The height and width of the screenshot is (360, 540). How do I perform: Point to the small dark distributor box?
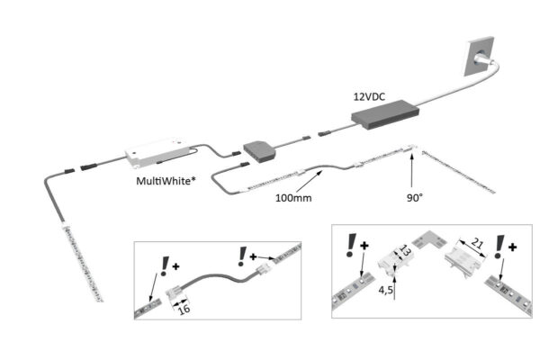[x=260, y=148]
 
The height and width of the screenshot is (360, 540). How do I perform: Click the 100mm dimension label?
[x=293, y=197]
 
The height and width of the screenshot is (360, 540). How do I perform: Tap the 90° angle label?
[x=414, y=193]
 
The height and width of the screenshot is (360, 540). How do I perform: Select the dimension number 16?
[x=184, y=309]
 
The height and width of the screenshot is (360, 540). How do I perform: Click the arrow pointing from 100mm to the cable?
[x=315, y=179]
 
